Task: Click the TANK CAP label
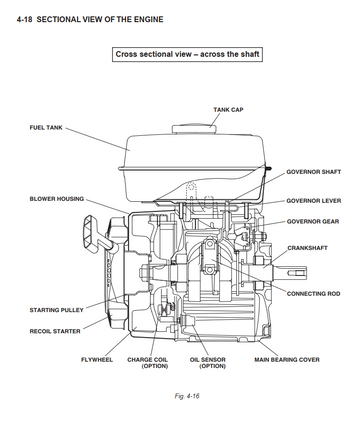point(228,110)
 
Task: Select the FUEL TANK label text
point(46,128)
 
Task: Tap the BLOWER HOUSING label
point(57,199)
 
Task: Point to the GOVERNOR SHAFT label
point(314,172)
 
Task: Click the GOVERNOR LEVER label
point(314,201)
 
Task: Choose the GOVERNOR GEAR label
point(313,222)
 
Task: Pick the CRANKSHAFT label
point(307,248)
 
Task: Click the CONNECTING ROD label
point(313,294)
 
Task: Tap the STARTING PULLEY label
point(56,310)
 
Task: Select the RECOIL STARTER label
point(55,331)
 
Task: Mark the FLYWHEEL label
point(97,360)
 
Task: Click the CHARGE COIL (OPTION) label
point(147,363)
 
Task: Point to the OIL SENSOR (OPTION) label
point(208,363)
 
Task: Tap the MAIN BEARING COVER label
point(287,360)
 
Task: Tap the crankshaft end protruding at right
point(289,272)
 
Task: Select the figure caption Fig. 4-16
point(187,396)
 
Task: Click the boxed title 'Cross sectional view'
point(187,54)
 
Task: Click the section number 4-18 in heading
point(24,19)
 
